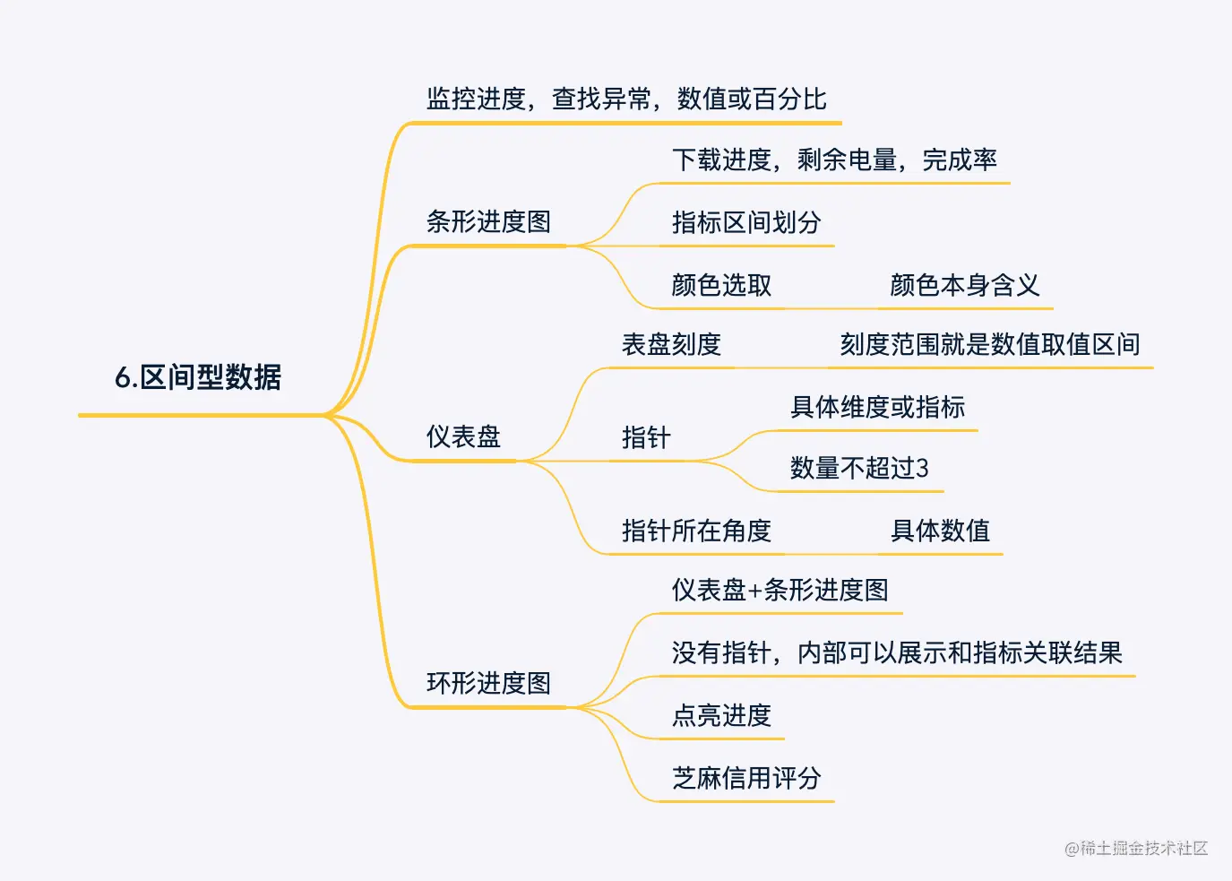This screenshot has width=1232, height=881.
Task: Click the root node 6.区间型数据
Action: pyautogui.click(x=198, y=377)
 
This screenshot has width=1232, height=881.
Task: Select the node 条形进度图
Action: pyautogui.click(x=488, y=221)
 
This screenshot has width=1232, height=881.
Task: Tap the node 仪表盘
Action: pyautogui.click(x=463, y=437)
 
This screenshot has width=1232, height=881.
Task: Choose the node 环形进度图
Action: pyautogui.click(x=488, y=684)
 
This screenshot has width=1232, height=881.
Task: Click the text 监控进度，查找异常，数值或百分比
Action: pyautogui.click(x=625, y=99)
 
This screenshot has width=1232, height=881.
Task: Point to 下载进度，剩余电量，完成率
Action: pyautogui.click(x=834, y=160)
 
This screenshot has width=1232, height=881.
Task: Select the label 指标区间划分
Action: pyautogui.click(x=746, y=223)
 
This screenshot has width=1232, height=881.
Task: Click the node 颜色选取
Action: pyautogui.click(x=721, y=286)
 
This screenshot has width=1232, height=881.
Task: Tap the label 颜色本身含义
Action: pyautogui.click(x=964, y=286)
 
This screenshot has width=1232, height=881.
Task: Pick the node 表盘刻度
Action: pyautogui.click(x=671, y=345)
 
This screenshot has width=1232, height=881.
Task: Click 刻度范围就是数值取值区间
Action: pyautogui.click(x=989, y=345)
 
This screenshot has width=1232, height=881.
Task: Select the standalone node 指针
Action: pyautogui.click(x=646, y=438)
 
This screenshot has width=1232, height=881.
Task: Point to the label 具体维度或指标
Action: pyautogui.click(x=877, y=408)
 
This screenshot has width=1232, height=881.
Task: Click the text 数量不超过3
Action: pyautogui.click(x=859, y=469)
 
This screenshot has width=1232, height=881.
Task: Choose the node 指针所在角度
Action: pyautogui.click(x=696, y=531)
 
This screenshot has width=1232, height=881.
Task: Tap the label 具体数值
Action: pyautogui.click(x=940, y=531)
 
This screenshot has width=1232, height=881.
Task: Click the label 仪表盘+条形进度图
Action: pyautogui.click(x=780, y=591)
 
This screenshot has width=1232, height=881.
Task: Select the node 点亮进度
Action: pyautogui.click(x=721, y=716)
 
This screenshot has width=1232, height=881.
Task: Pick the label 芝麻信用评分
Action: pyautogui.click(x=746, y=779)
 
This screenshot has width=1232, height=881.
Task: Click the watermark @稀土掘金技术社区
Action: pyautogui.click(x=1136, y=848)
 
